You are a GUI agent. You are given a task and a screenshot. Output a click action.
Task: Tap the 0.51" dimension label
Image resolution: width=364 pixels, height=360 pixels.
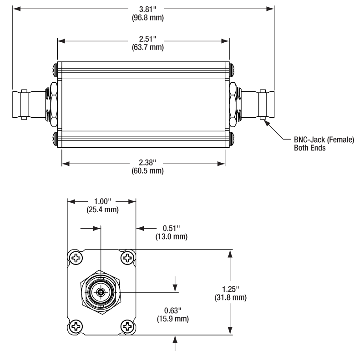[172, 228]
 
